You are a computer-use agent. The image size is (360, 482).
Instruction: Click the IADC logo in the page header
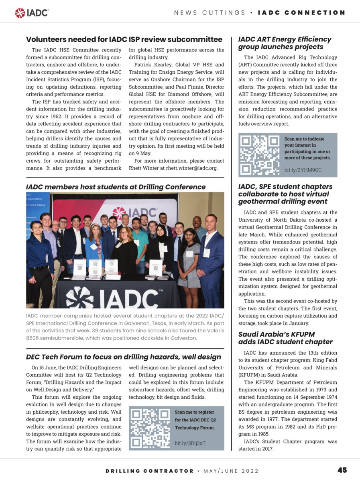point(32,13)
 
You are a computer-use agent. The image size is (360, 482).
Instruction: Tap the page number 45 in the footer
point(342,470)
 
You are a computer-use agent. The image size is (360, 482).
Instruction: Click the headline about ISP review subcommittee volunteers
point(124,39)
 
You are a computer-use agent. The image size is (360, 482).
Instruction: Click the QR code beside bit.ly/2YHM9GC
point(260,155)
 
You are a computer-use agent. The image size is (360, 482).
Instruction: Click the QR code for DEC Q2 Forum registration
point(151,428)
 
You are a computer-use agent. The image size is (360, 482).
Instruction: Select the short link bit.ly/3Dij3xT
point(190,443)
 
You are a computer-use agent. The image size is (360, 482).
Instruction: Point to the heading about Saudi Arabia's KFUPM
point(285,338)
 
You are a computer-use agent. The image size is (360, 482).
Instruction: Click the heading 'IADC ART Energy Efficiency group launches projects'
point(285,43)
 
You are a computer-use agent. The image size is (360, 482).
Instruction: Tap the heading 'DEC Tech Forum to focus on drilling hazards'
point(124,357)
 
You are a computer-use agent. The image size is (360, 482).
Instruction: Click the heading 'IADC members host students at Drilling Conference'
point(116,187)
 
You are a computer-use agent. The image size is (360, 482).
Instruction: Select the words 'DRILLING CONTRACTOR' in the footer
point(150,471)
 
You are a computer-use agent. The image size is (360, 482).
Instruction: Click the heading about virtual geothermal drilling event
point(285,194)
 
